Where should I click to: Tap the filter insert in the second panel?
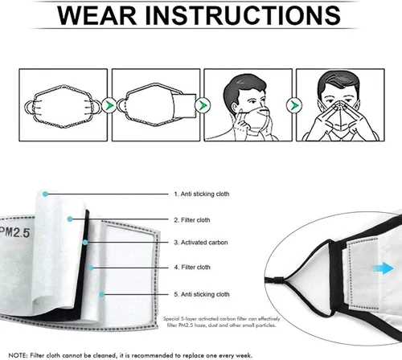pyautogui.click(x=180, y=105)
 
